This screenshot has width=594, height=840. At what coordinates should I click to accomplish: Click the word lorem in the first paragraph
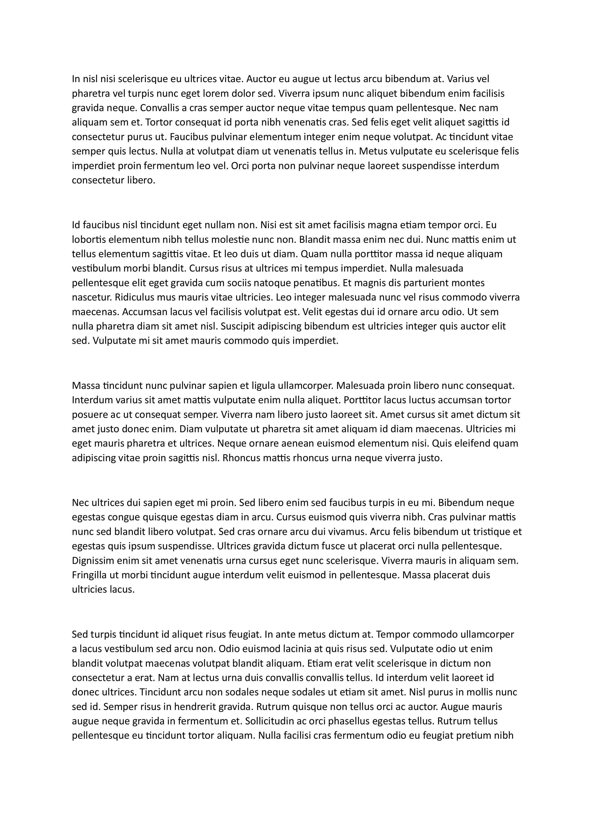(x=214, y=94)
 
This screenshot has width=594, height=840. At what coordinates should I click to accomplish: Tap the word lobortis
(x=87, y=240)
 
